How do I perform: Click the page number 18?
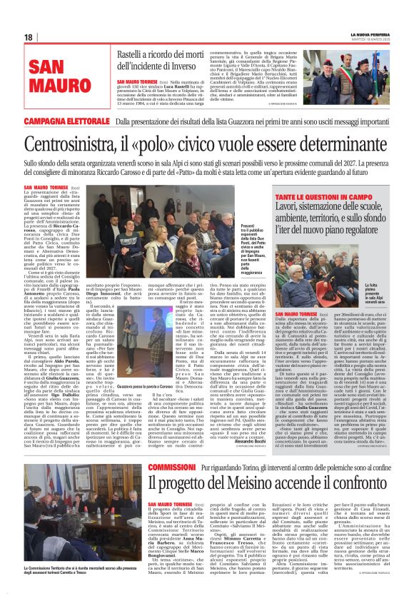[x=28, y=38]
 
